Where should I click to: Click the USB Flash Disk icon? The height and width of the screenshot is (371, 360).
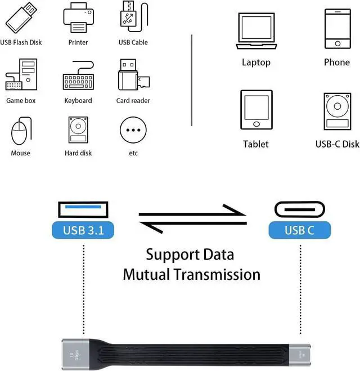click(21, 19)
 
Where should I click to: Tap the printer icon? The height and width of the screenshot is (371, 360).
click(78, 19)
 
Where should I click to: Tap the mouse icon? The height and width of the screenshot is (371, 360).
click(20, 131)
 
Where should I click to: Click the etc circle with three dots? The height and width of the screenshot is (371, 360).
click(133, 131)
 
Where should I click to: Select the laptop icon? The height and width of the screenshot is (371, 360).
click(256, 32)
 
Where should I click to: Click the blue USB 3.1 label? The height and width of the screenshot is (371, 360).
click(82, 230)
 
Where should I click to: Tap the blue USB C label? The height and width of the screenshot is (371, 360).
click(299, 230)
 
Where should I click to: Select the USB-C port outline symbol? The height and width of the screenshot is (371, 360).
click(299, 209)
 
